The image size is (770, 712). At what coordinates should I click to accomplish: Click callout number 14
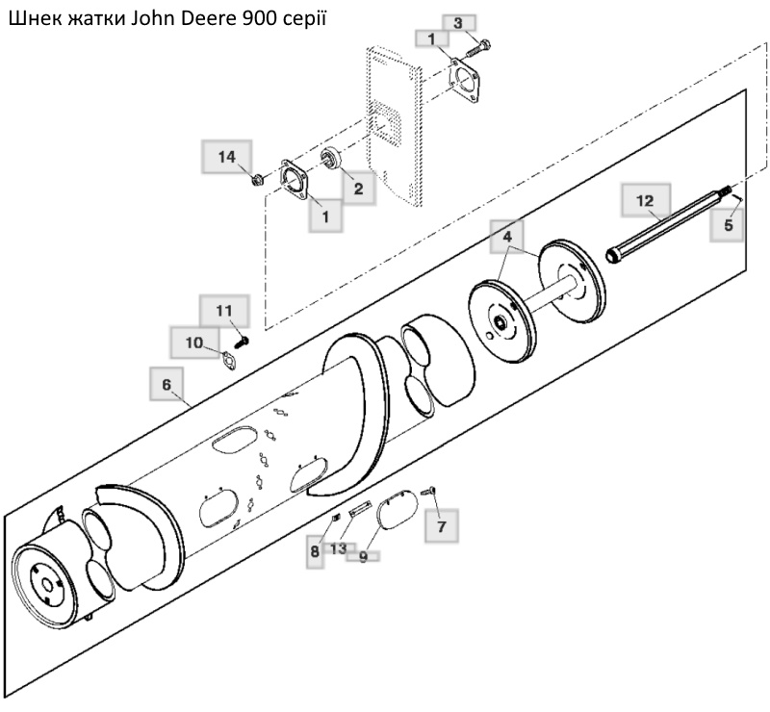point(226,157)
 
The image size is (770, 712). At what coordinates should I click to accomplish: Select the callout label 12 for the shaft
point(645,200)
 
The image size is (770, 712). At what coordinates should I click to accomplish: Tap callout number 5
point(728,225)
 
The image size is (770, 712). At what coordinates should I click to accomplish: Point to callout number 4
point(507,237)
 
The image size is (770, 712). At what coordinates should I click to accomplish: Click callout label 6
point(167,384)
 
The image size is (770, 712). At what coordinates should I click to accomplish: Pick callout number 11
point(224,311)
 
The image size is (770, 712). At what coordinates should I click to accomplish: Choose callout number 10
point(194,343)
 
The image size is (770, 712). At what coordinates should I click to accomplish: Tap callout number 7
point(441,526)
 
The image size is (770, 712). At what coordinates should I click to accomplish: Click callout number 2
point(358,189)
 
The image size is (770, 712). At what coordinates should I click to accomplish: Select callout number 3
point(458,23)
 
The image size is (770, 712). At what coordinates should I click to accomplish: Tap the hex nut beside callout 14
point(256,181)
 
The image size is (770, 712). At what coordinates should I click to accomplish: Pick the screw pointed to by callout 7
point(428,490)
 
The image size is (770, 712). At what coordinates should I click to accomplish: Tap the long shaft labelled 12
point(669,224)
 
